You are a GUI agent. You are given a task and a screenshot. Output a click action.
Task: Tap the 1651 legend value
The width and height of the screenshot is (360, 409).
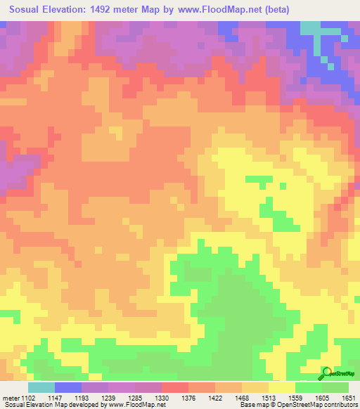click(349, 397)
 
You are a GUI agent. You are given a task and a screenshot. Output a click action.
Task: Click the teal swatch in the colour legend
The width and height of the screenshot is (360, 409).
click(41, 387)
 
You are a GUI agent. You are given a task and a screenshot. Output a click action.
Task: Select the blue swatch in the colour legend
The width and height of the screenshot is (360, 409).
click(67, 387)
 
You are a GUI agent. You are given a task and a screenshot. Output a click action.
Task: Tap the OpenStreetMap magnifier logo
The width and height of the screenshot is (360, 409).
click(326, 373)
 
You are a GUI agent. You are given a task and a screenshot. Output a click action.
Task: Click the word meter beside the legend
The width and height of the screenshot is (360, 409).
click(10, 397)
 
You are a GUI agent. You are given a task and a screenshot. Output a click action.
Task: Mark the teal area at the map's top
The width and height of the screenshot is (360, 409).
click(311, 27)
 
